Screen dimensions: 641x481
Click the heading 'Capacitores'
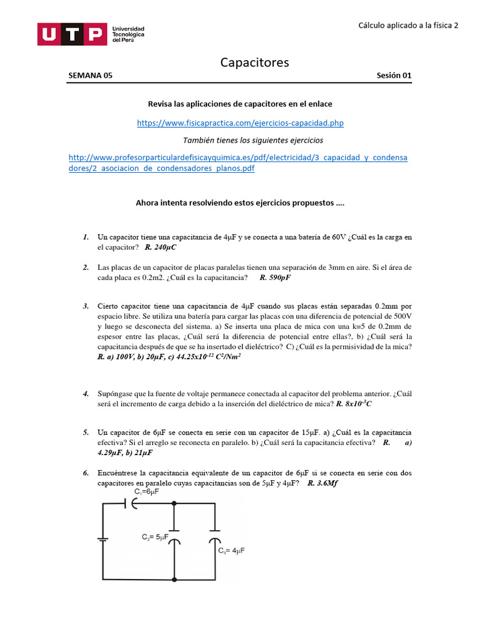click(x=254, y=62)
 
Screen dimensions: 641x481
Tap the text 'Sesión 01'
click(x=394, y=76)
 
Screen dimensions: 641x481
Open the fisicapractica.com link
click(x=240, y=123)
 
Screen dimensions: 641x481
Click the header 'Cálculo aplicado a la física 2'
click(x=408, y=26)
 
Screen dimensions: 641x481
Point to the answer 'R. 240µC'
click(x=160, y=247)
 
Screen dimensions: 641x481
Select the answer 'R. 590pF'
click(x=276, y=277)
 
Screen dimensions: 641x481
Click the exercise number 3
click(x=85, y=306)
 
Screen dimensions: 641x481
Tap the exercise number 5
click(x=85, y=433)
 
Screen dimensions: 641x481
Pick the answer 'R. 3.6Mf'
click(x=323, y=483)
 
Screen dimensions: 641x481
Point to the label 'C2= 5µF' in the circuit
click(x=155, y=537)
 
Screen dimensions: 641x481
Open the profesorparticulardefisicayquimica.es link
click(x=238, y=163)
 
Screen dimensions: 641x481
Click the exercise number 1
click(x=85, y=237)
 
